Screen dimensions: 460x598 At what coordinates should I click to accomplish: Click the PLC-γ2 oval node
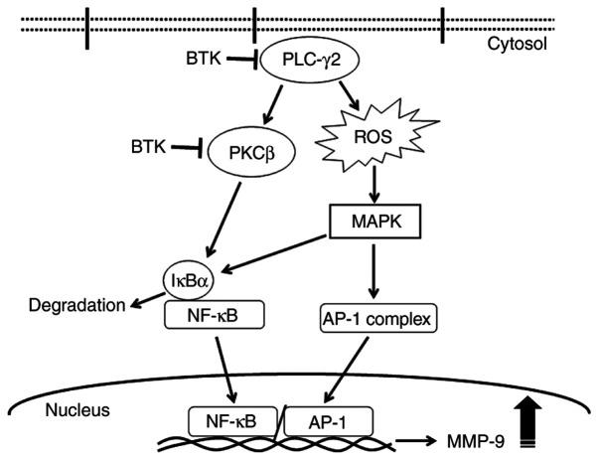tap(305, 63)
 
